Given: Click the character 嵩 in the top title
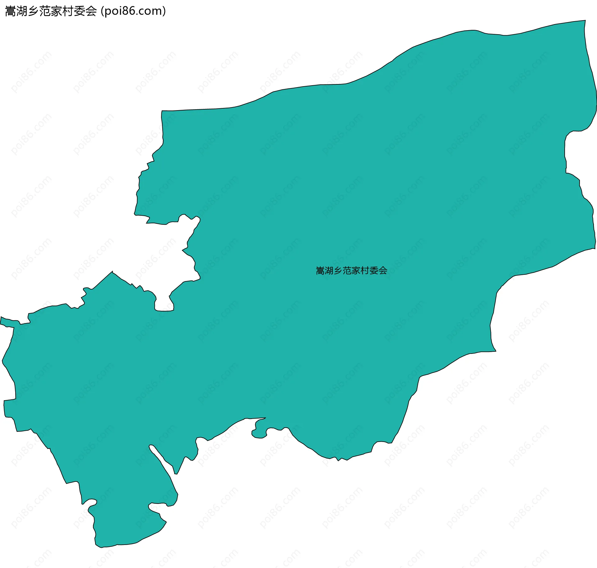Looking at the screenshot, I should [11, 11].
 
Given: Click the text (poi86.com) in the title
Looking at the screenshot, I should [133, 11].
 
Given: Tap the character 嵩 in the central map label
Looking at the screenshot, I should [320, 271].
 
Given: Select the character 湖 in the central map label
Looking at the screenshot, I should [329, 271].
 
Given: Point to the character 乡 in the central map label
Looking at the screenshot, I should [338, 271].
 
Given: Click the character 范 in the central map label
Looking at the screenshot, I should [347, 271].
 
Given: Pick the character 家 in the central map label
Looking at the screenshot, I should [356, 271].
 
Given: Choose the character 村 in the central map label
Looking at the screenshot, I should [365, 271].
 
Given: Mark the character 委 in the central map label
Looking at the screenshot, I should [374, 271].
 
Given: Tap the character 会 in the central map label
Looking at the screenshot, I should [383, 271].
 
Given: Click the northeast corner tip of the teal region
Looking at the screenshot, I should [585, 21].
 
